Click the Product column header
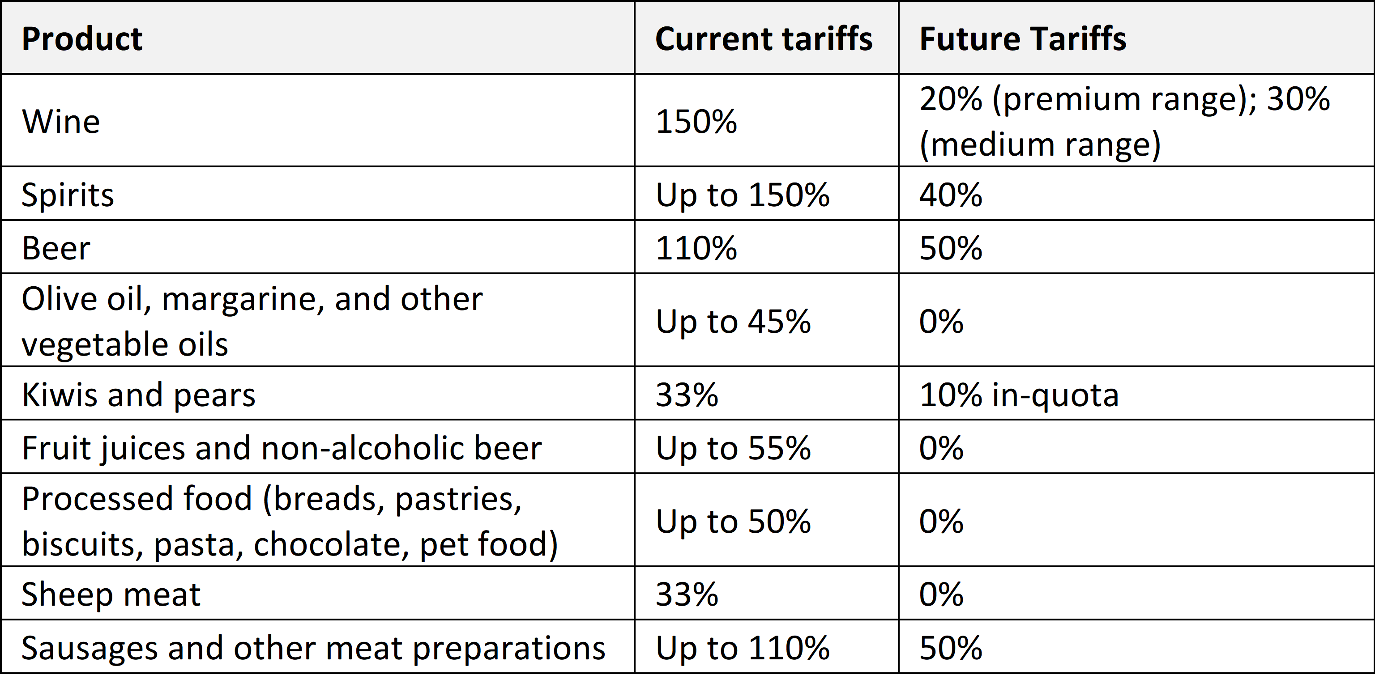pos(82,39)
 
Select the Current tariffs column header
pos(764,39)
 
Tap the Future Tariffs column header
pos(1023,39)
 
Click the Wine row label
pos(61,121)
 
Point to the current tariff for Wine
pos(696,121)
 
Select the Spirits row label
pos(68,195)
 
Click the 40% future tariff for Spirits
pos(951,195)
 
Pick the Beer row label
pos(56,248)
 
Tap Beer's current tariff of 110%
pos(696,248)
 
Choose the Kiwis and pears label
pos(139,395)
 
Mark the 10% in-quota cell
pos(1019,395)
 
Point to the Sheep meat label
pos(111,594)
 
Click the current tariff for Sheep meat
pos(687,594)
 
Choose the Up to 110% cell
pos(743,648)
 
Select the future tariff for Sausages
pos(951,648)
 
